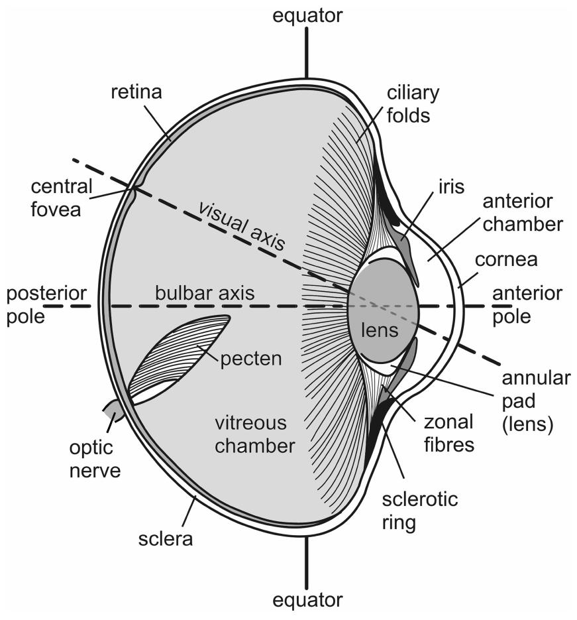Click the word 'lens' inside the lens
[x=380, y=330]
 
